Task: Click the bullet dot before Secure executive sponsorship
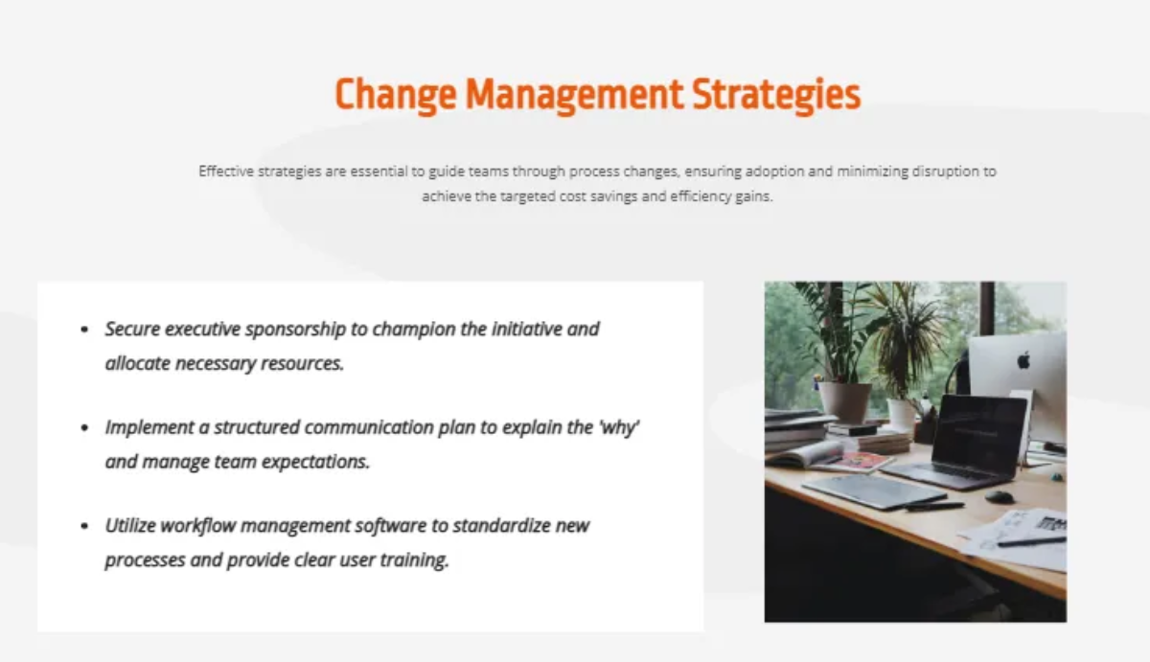pos(84,330)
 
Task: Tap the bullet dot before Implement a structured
pos(84,428)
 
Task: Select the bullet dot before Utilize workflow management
pos(84,527)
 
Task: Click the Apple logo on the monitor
pos(1023,360)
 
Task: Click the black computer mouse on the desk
pos(1000,496)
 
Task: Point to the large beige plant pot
pos(843,400)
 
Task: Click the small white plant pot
pos(901,415)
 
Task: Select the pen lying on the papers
pos(1030,542)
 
